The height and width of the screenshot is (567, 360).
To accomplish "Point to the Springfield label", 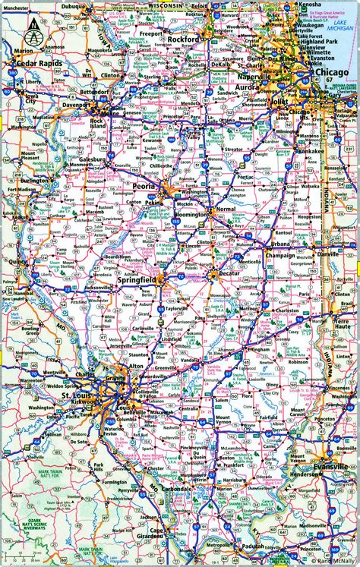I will (137, 281).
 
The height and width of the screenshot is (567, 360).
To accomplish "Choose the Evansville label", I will (331, 466).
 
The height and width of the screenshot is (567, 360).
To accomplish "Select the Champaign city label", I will (278, 257).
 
